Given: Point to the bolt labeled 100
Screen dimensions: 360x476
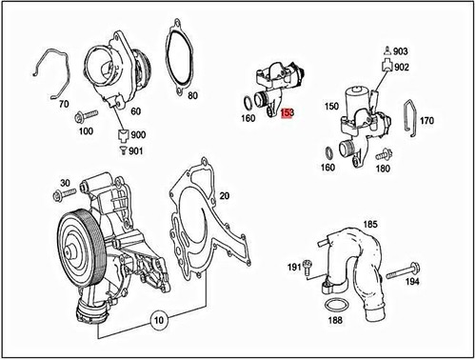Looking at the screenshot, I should coord(80,115).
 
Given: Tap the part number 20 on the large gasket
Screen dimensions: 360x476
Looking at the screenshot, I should coord(226,195).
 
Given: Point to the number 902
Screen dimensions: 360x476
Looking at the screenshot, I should coord(402,67).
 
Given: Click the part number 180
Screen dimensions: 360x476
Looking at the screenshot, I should coord(383,170).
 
